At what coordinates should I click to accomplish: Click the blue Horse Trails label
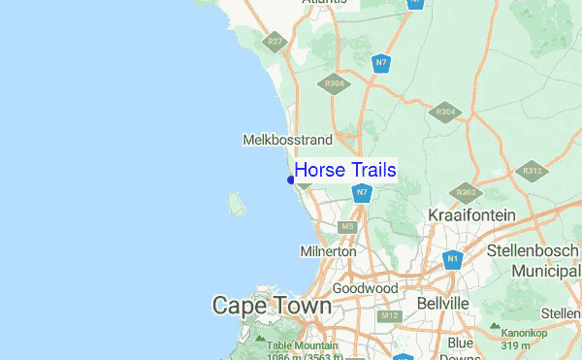click(345, 171)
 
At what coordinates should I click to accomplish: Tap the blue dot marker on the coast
click(291, 180)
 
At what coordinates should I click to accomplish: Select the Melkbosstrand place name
click(287, 141)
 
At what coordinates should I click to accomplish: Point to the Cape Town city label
click(272, 306)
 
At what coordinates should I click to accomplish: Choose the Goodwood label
click(365, 288)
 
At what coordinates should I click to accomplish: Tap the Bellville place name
click(442, 304)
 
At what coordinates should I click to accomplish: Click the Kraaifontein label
click(471, 213)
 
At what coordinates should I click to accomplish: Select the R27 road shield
click(275, 42)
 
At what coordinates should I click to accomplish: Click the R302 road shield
click(467, 190)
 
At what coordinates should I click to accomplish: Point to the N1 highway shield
click(452, 259)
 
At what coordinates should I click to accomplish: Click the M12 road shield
click(390, 316)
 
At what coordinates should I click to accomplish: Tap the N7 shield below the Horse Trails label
click(361, 193)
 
